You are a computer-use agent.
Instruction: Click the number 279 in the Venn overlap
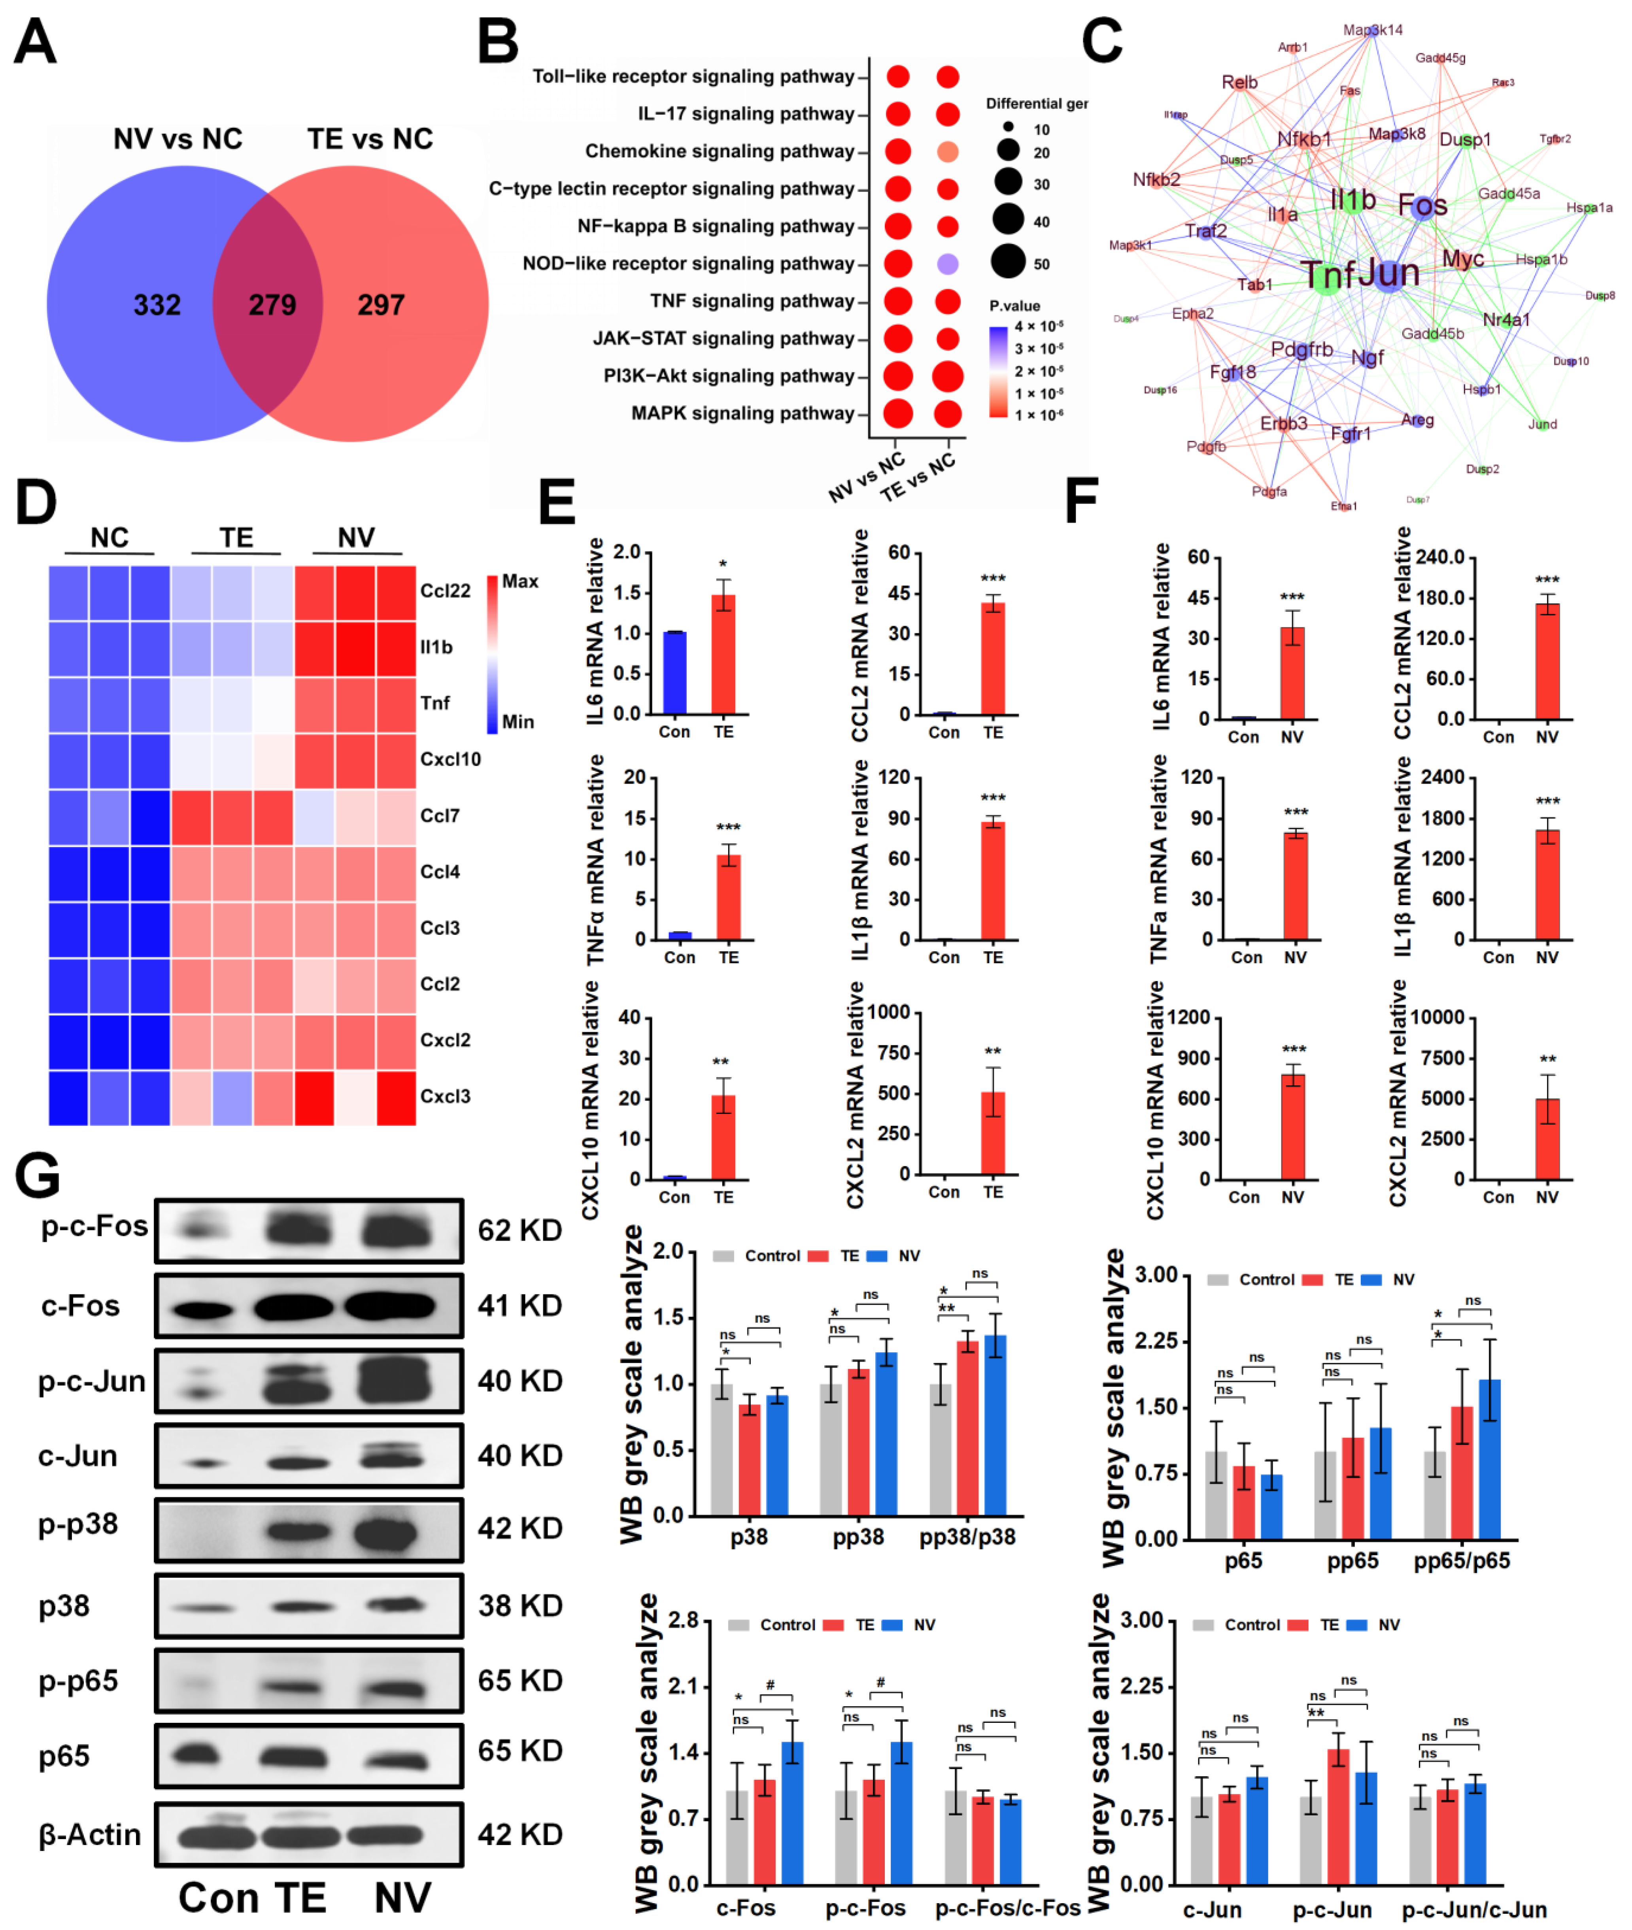(x=272, y=305)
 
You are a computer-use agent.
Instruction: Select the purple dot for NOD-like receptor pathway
(x=946, y=264)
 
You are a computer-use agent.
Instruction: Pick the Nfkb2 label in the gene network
(x=1156, y=179)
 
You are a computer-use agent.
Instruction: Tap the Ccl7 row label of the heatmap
(x=440, y=816)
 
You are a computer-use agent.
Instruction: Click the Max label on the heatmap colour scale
(x=520, y=581)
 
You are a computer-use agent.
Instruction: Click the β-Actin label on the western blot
(x=90, y=1835)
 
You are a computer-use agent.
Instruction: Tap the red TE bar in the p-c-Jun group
(x=1338, y=1815)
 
